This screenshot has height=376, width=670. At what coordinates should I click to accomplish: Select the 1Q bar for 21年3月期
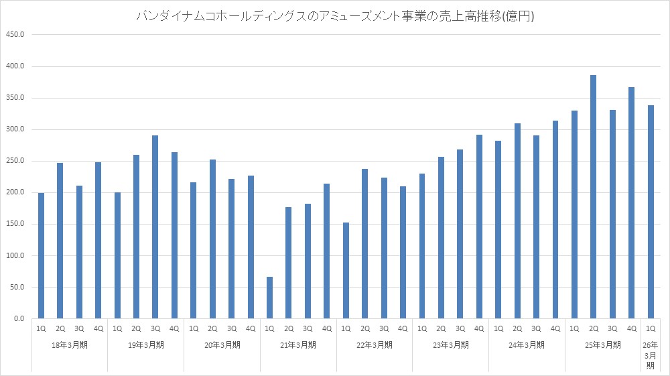click(x=269, y=298)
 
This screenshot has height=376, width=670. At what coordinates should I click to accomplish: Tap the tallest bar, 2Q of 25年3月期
click(x=593, y=197)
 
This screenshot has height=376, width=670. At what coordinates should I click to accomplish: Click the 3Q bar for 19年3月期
click(x=155, y=227)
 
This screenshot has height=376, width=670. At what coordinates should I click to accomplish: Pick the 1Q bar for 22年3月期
click(x=346, y=271)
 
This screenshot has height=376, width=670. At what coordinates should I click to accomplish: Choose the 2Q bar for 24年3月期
click(x=517, y=221)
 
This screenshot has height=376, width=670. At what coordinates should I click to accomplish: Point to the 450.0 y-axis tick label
click(x=15, y=35)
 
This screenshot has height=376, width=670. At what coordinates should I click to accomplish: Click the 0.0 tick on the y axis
click(x=18, y=319)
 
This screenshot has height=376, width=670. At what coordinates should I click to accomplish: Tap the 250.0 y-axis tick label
click(x=15, y=161)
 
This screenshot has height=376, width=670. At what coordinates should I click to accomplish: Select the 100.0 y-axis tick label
click(x=15, y=256)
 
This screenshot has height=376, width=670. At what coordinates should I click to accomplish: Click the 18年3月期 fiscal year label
click(x=70, y=345)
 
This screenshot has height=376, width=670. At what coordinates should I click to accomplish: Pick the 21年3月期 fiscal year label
click(x=298, y=345)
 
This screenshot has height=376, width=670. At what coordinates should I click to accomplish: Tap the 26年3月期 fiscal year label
click(x=650, y=355)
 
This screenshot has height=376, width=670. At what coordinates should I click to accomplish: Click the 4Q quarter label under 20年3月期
click(x=251, y=329)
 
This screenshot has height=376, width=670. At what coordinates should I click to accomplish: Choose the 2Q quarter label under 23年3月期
click(x=441, y=329)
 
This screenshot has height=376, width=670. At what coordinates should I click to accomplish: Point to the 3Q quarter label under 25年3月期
click(x=612, y=329)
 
